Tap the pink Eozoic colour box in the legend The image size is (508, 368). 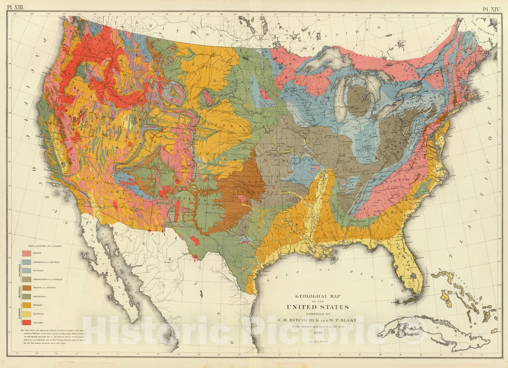26,253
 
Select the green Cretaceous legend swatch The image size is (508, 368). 26,296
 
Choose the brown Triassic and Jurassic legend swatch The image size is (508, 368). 26,287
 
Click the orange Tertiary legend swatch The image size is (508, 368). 26,305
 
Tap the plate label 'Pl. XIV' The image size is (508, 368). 493,8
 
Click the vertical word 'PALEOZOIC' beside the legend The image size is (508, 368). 19,269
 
